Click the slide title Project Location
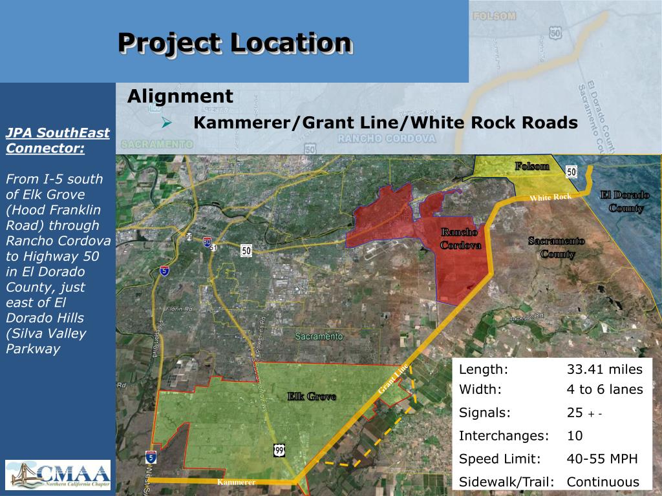(235, 43)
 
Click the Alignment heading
(180, 97)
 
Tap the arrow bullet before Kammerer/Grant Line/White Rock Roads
(167, 123)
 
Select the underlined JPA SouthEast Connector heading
(58, 141)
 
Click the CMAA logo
(58, 475)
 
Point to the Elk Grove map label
(312, 397)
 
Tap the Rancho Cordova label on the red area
(460, 238)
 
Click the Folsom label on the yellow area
(532, 167)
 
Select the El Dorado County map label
(625, 201)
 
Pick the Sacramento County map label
(557, 247)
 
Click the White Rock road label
(550, 197)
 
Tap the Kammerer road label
(237, 482)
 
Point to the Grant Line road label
(393, 380)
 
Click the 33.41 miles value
(604, 369)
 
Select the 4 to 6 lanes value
(604, 389)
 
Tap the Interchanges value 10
(575, 436)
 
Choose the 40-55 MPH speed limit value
(602, 459)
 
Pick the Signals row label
(485, 413)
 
